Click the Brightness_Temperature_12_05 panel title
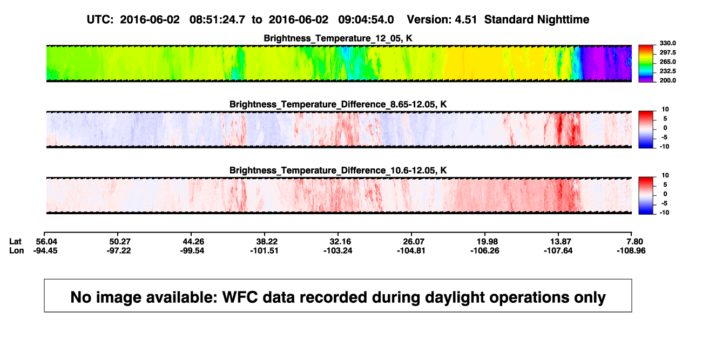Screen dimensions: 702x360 (338, 38)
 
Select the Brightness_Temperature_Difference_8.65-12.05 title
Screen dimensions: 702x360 (338, 104)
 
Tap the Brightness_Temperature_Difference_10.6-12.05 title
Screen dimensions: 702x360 (338, 171)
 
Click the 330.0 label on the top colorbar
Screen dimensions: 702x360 (667, 43)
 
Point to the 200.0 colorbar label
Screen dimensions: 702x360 (667, 80)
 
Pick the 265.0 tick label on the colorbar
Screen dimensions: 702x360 (667, 62)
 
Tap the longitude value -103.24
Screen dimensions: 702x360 (338, 250)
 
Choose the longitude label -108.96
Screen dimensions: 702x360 (631, 250)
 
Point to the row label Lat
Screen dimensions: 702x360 (15, 242)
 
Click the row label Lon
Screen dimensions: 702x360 (16, 250)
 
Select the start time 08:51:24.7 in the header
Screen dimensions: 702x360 (217, 20)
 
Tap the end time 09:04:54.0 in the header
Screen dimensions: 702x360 (366, 20)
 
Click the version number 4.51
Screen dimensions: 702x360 (466, 20)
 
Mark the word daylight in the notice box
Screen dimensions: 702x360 (453, 297)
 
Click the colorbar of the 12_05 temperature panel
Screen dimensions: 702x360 (646, 64)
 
